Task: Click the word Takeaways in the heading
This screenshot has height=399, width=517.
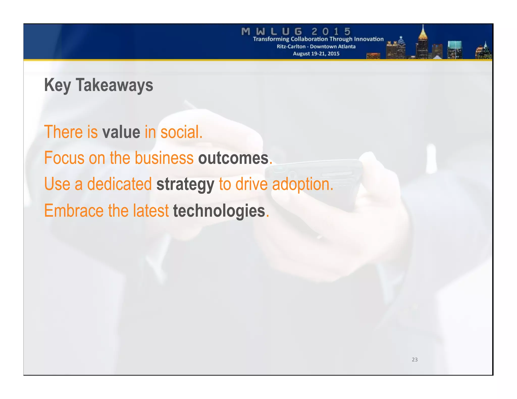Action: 114,85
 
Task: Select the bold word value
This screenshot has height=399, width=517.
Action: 121,132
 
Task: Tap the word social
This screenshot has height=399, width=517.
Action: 181,132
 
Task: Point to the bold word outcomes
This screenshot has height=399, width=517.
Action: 233,158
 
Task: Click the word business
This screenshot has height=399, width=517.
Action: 164,158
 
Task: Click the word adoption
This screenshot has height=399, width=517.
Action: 302,184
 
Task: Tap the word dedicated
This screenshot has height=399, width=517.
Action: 119,184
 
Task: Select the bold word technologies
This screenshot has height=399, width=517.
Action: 219,211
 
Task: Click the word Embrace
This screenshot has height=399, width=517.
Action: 74,211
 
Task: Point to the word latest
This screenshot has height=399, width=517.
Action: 151,211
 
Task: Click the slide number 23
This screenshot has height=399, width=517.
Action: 415,360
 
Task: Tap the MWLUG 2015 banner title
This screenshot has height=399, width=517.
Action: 296,32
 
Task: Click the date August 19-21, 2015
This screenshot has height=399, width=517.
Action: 316,54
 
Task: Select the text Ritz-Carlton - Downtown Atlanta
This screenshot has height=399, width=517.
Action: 316,47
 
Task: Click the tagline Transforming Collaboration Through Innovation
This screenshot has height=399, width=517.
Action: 318,39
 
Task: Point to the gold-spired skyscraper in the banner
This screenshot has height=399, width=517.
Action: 423,43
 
